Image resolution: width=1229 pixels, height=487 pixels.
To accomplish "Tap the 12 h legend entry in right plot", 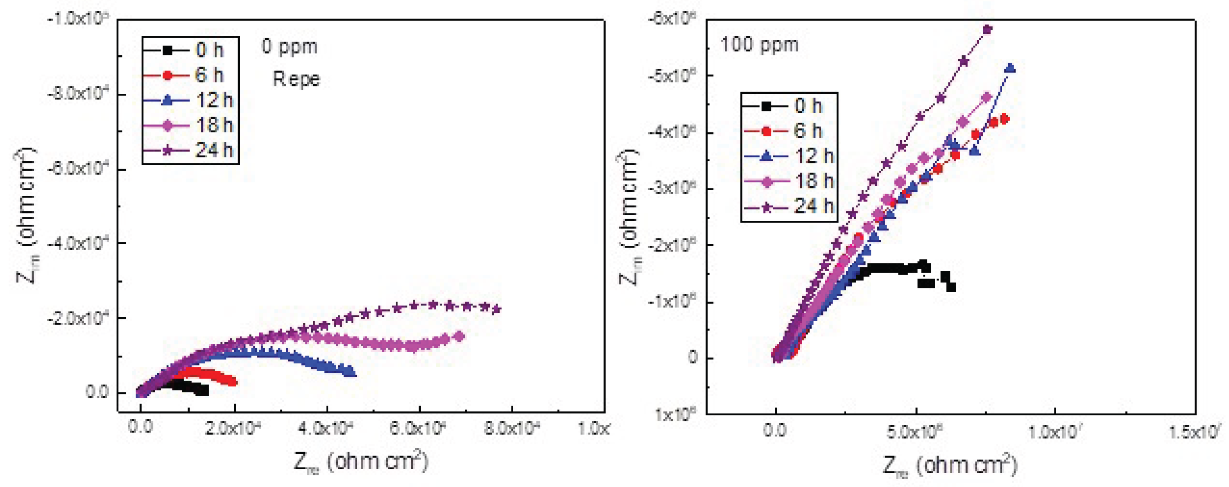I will (x=789, y=156).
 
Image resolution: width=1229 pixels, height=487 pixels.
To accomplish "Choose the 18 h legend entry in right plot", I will (x=789, y=181).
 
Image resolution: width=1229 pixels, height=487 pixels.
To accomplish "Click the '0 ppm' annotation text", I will (x=289, y=47).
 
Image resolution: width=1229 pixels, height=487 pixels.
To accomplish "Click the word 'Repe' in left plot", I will (x=296, y=79).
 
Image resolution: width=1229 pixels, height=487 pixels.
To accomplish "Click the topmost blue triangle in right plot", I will (x=1010, y=68).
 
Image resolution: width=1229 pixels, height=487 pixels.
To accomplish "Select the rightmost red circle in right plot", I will (x=1004, y=119).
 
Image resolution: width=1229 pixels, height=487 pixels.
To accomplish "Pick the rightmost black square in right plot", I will (x=951, y=287).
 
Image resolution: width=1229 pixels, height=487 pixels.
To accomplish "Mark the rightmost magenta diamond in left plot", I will (x=459, y=337).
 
